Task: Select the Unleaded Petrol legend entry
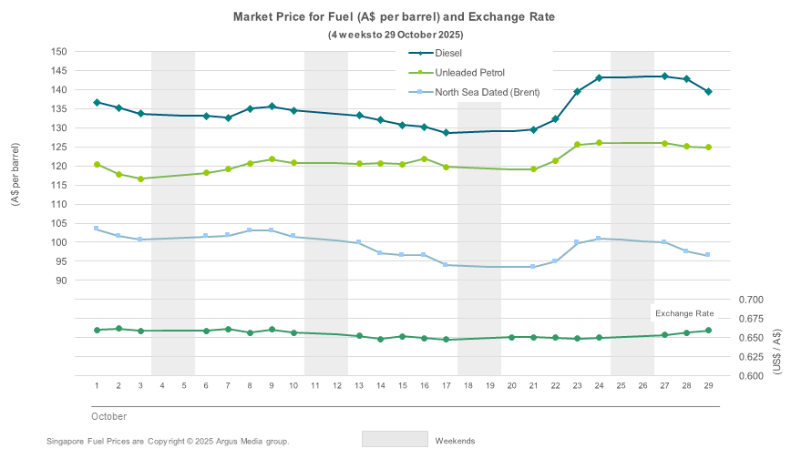pyautogui.click(x=469, y=72)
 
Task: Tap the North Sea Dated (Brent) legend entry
pyautogui.click(x=487, y=92)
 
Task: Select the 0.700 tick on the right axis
pyautogui.click(x=751, y=300)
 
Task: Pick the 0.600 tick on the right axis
pyautogui.click(x=751, y=376)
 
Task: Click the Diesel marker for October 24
pyautogui.click(x=599, y=77)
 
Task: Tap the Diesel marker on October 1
pyautogui.click(x=97, y=103)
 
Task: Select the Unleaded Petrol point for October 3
pyautogui.click(x=140, y=178)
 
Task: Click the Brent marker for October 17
pyautogui.click(x=446, y=265)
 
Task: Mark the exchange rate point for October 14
pyautogui.click(x=380, y=339)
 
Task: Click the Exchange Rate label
pyautogui.click(x=684, y=313)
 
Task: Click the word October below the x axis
pyautogui.click(x=108, y=415)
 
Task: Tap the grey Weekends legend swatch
pyautogui.click(x=395, y=439)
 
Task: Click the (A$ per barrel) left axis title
pyautogui.click(x=16, y=174)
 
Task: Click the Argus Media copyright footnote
pyautogui.click(x=168, y=441)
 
